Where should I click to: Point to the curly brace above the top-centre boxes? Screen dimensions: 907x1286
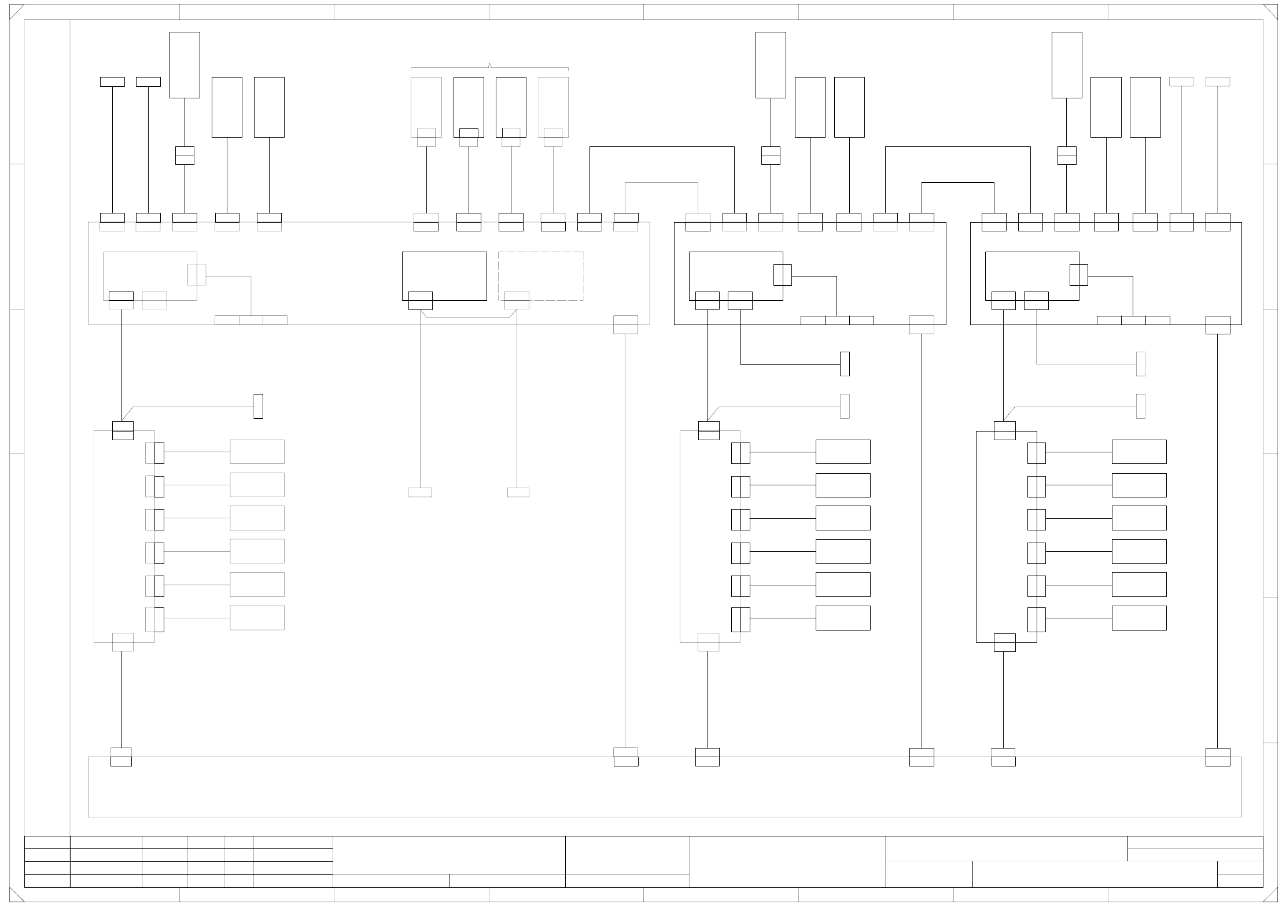pos(489,67)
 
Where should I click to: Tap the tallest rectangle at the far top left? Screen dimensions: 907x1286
pos(185,65)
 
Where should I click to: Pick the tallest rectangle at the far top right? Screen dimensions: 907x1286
pos(1066,65)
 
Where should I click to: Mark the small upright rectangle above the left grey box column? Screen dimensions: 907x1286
pos(258,406)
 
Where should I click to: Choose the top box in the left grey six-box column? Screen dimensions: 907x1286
pos(257,452)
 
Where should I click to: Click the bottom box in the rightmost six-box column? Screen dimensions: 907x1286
pos(1138,618)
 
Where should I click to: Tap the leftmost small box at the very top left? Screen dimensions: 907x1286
pos(112,82)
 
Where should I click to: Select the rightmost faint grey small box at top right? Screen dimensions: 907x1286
pos(1217,82)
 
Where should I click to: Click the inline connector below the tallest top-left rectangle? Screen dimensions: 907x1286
pos(185,156)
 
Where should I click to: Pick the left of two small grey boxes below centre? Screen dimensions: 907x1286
pos(419,492)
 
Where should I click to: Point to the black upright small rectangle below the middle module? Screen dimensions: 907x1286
pos(845,364)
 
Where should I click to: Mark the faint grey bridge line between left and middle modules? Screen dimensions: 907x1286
pos(661,183)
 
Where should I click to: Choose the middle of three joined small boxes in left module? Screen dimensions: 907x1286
pos(251,320)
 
